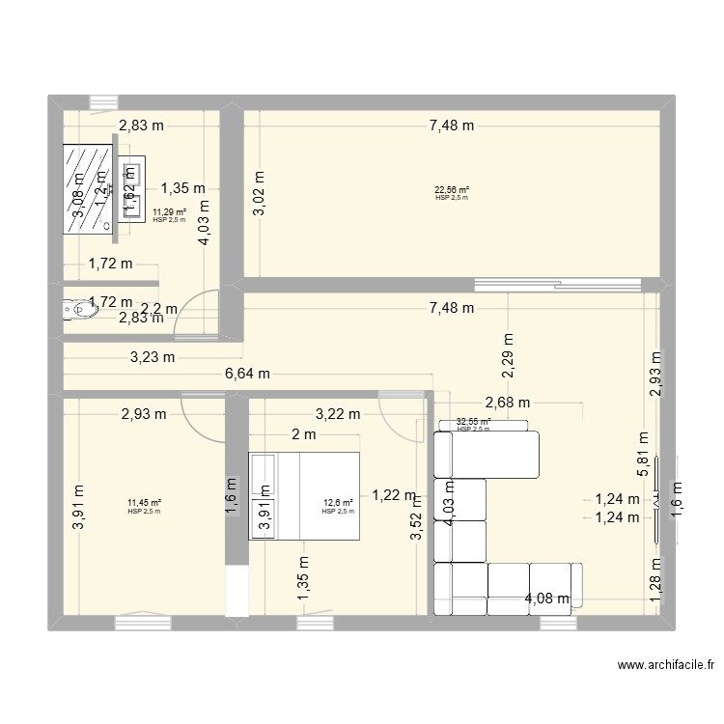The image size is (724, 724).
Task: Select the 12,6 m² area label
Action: (x=338, y=502)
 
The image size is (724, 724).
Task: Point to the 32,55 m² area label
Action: (x=473, y=422)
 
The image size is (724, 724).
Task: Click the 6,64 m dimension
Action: (x=249, y=375)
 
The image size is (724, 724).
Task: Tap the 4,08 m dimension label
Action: (x=546, y=599)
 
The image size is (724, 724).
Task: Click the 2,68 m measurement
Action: (x=508, y=403)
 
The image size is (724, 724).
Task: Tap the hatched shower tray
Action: (x=86, y=189)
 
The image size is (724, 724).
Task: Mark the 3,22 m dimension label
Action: (x=337, y=414)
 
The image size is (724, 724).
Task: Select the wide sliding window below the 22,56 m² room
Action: (x=558, y=284)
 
